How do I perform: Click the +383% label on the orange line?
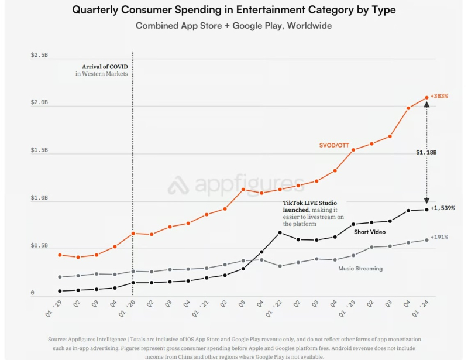(439, 96)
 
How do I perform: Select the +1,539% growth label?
(442, 208)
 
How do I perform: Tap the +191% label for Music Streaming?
(439, 237)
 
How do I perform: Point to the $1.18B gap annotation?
(426, 152)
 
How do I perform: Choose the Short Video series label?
(370, 232)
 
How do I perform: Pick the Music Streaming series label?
(360, 269)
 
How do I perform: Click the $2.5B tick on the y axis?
(40, 55)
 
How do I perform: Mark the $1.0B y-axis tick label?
(40, 198)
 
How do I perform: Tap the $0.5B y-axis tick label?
(40, 246)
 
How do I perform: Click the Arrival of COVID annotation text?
(101, 67)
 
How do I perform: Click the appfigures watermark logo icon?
(177, 186)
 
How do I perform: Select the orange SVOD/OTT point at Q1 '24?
(426, 98)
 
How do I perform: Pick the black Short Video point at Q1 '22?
(280, 233)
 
